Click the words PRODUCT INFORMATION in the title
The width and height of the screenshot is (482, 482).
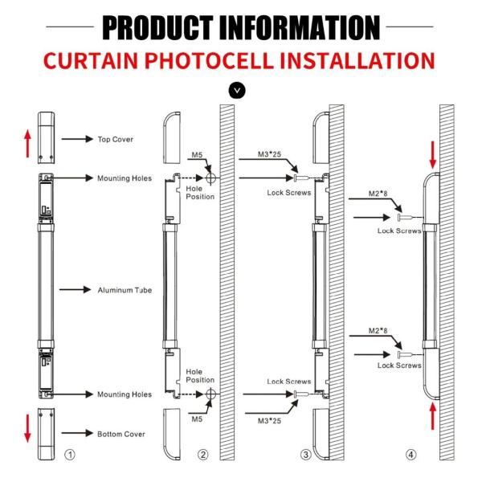click(240, 26)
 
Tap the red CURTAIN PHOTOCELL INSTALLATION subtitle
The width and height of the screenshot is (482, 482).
click(240, 61)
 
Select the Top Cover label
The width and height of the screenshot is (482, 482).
click(116, 139)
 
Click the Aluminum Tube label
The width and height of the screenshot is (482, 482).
click(125, 289)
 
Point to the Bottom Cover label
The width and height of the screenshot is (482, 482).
click(121, 434)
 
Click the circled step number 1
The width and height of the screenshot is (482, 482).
click(70, 455)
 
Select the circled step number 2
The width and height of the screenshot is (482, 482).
click(202, 455)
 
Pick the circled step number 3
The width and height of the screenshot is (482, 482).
click(305, 455)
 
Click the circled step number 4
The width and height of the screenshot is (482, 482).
click(411, 455)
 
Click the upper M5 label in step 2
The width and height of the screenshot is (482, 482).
click(197, 154)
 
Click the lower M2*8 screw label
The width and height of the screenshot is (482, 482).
click(378, 330)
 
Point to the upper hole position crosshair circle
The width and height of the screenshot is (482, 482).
click(210, 178)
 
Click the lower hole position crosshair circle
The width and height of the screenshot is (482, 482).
click(210, 394)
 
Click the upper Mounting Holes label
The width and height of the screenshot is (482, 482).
click(125, 178)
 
